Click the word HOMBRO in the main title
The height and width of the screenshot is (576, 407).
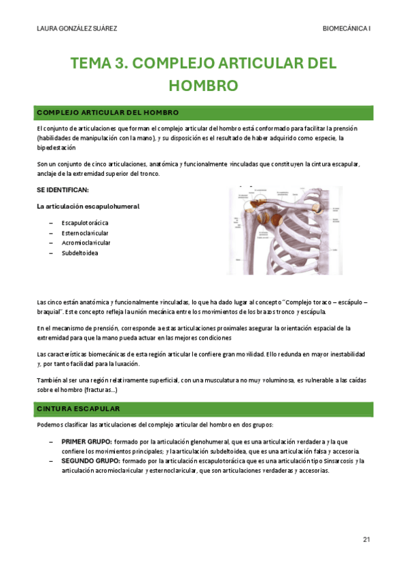pos(203,86)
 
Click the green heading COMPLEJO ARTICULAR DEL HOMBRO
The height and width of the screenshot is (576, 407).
pos(107,112)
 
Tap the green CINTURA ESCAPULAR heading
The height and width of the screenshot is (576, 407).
pos(78,409)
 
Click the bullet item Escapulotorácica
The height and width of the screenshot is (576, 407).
pos(85,222)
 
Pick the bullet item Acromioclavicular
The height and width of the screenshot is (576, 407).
pos(86,242)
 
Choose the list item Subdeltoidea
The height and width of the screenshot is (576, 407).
pos(79,253)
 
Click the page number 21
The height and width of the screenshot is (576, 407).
pos(366,539)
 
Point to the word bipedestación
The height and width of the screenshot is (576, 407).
pos(57,147)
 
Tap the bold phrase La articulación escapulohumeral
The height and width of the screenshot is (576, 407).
pos(88,206)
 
